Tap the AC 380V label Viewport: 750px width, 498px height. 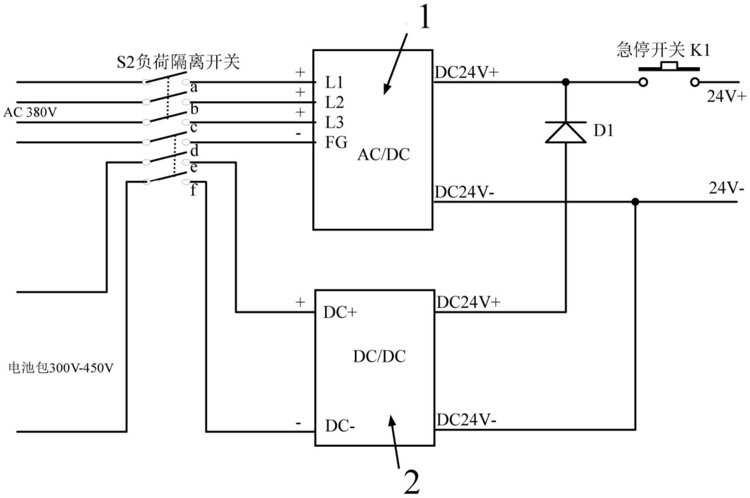pos(30,112)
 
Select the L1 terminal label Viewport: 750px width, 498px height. pos(334,82)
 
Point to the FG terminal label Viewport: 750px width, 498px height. pos(336,143)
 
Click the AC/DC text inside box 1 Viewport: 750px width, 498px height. pos(383,155)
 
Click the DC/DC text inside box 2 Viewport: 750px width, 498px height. pos(379,356)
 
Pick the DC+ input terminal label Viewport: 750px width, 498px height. pos(340,313)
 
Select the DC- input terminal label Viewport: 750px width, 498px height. pos(340,426)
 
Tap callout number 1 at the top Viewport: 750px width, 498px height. pos(424,18)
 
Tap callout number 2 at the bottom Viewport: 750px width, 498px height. pos(411,482)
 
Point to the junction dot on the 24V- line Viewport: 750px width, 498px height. pos(635,202)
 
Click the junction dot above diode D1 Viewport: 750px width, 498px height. pos(565,82)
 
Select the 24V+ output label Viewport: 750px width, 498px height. pos(726,96)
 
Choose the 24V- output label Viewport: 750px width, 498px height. pos(726,188)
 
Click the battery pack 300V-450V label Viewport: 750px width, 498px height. pos(61,367)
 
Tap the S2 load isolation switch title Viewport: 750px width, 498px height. pos(178,62)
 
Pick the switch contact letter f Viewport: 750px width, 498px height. pos(193,190)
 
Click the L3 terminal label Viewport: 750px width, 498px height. pos(334,122)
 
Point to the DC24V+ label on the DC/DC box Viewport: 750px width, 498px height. pos(469,302)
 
